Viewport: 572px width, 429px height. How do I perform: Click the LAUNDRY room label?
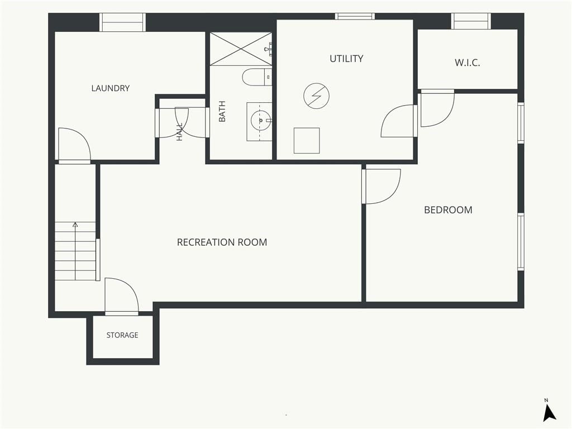[110, 88]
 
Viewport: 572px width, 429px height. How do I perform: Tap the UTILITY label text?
[346, 59]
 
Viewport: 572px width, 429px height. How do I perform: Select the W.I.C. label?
[467, 63]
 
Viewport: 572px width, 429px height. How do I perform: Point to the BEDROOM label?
[448, 210]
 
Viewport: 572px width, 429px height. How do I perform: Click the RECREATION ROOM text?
[222, 242]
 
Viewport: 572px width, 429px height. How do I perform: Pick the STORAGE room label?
[122, 335]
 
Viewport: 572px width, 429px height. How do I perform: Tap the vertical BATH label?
[222, 111]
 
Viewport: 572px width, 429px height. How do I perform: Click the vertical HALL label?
[179, 132]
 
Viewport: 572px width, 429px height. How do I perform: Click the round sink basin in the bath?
[260, 120]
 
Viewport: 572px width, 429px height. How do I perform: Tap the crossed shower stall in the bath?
[241, 49]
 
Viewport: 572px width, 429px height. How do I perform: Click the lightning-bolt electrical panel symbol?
[316, 96]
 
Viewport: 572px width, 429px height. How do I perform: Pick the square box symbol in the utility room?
[307, 140]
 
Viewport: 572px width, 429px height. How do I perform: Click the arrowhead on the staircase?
[75, 225]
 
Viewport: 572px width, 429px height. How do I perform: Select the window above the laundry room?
[122, 22]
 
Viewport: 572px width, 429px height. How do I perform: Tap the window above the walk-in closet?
[470, 21]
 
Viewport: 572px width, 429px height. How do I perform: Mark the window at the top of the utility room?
[355, 16]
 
